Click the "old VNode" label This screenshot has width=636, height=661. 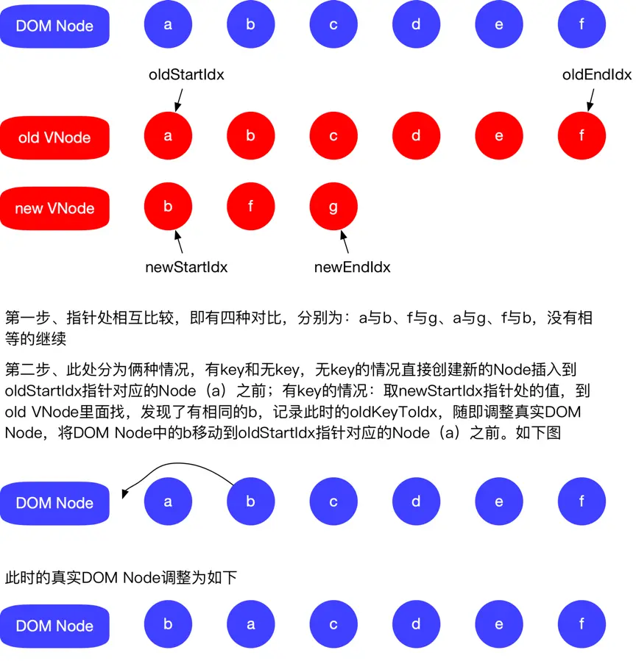tap(54, 137)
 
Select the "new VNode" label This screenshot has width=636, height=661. tap(54, 208)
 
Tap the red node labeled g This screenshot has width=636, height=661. tap(333, 207)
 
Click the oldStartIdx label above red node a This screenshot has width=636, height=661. tap(186, 75)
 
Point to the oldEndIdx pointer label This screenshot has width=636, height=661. tap(597, 75)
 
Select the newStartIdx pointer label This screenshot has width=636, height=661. tap(186, 267)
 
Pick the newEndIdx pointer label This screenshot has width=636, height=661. tap(352, 267)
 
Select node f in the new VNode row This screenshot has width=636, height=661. tap(250, 207)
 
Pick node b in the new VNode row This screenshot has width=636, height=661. tap(168, 207)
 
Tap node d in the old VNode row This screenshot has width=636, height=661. tap(416, 136)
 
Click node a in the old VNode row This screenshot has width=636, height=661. tap(168, 136)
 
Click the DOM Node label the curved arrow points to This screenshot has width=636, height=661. tap(54, 503)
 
